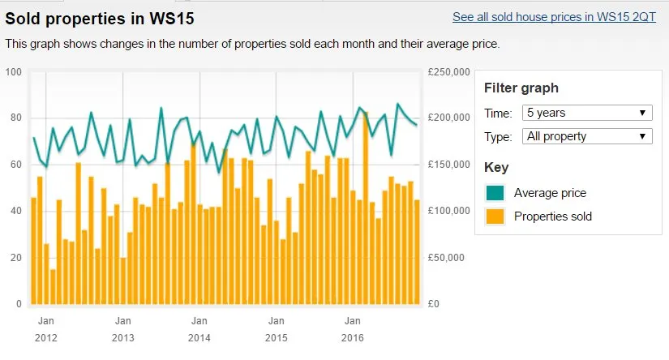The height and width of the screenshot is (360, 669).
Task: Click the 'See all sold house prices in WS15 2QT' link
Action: [x=554, y=16]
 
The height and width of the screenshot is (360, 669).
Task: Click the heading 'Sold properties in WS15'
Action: [x=100, y=17]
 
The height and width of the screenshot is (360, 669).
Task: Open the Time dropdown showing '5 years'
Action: [x=587, y=113]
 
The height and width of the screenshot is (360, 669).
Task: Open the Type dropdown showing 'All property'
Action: [x=587, y=136]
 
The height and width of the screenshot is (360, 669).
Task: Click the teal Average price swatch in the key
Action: [x=495, y=193]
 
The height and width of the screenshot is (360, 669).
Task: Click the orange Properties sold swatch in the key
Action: [x=495, y=216]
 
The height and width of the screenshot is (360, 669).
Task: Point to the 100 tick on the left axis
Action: [x=12, y=72]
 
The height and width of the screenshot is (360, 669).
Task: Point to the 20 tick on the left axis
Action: [x=12, y=258]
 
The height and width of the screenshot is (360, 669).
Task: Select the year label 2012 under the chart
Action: [x=46, y=337]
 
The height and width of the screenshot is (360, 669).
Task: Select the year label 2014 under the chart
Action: [x=199, y=337]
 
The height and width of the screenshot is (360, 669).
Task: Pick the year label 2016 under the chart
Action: [x=353, y=337]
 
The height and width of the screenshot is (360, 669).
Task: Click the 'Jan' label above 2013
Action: [x=123, y=320]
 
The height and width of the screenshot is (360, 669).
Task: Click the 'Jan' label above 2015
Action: [x=277, y=320]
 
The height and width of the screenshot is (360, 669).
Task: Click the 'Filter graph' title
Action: [x=521, y=88]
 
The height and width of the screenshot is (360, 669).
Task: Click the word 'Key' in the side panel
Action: [x=495, y=167]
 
